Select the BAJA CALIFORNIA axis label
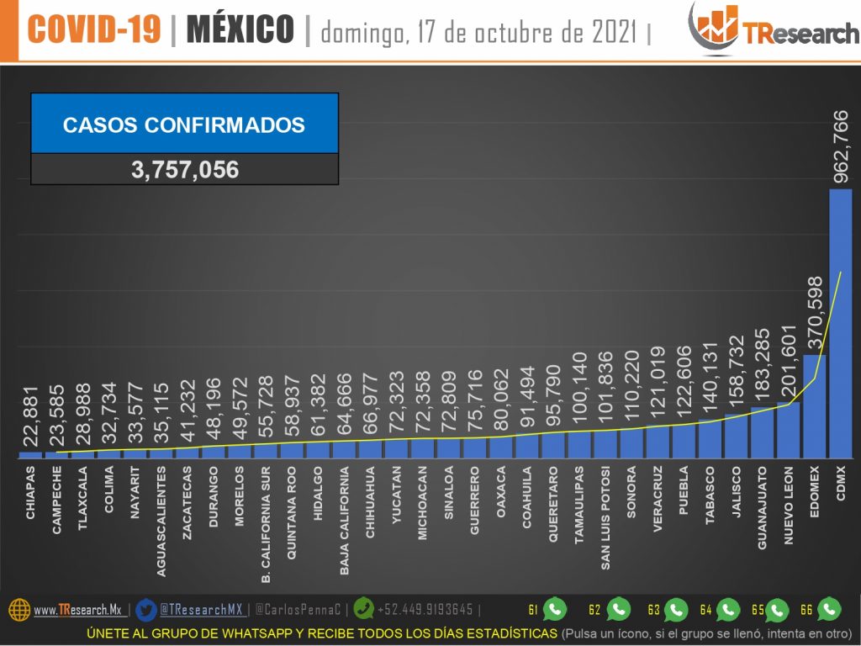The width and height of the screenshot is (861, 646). pos(345,522)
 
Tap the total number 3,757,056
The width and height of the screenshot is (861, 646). pos(185,170)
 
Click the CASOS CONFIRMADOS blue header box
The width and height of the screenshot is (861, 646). pos(185,124)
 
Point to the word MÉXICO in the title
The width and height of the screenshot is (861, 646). pos(240,30)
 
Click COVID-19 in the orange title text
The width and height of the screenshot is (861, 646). pos(93,30)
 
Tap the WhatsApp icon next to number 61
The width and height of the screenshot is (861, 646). pos(555,609)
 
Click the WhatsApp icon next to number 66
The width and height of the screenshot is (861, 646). pos(829,609)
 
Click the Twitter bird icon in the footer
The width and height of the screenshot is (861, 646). pos(145,609)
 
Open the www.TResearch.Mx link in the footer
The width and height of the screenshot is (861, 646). pos(77,610)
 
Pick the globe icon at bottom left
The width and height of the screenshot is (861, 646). pos(19,610)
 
